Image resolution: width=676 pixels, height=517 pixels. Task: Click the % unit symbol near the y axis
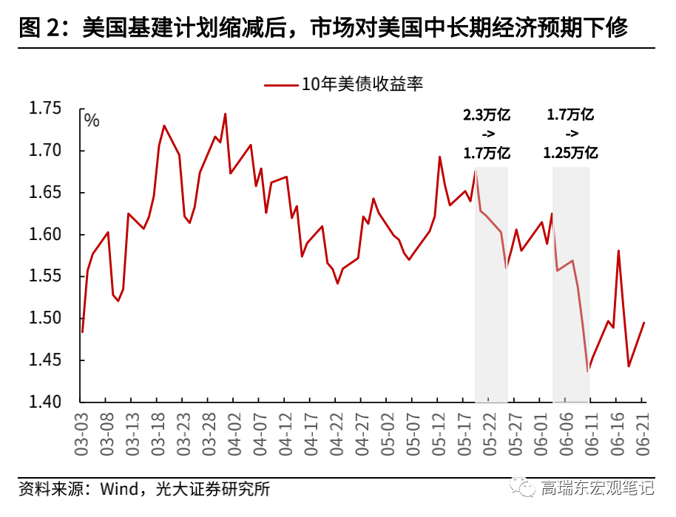(x=91, y=120)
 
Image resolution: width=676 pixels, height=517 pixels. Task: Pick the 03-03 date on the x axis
(x=82, y=436)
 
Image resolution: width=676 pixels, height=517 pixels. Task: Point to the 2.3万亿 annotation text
(x=487, y=115)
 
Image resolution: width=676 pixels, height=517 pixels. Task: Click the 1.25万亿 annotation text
(x=570, y=153)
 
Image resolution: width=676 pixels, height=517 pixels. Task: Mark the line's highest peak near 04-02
(x=225, y=114)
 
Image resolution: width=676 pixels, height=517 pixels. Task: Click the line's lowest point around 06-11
(x=588, y=371)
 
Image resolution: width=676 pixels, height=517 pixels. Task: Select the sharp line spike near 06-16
(x=618, y=251)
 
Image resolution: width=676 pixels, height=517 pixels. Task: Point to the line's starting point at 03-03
(x=82, y=332)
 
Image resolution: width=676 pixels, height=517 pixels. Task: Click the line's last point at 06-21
(x=644, y=323)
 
